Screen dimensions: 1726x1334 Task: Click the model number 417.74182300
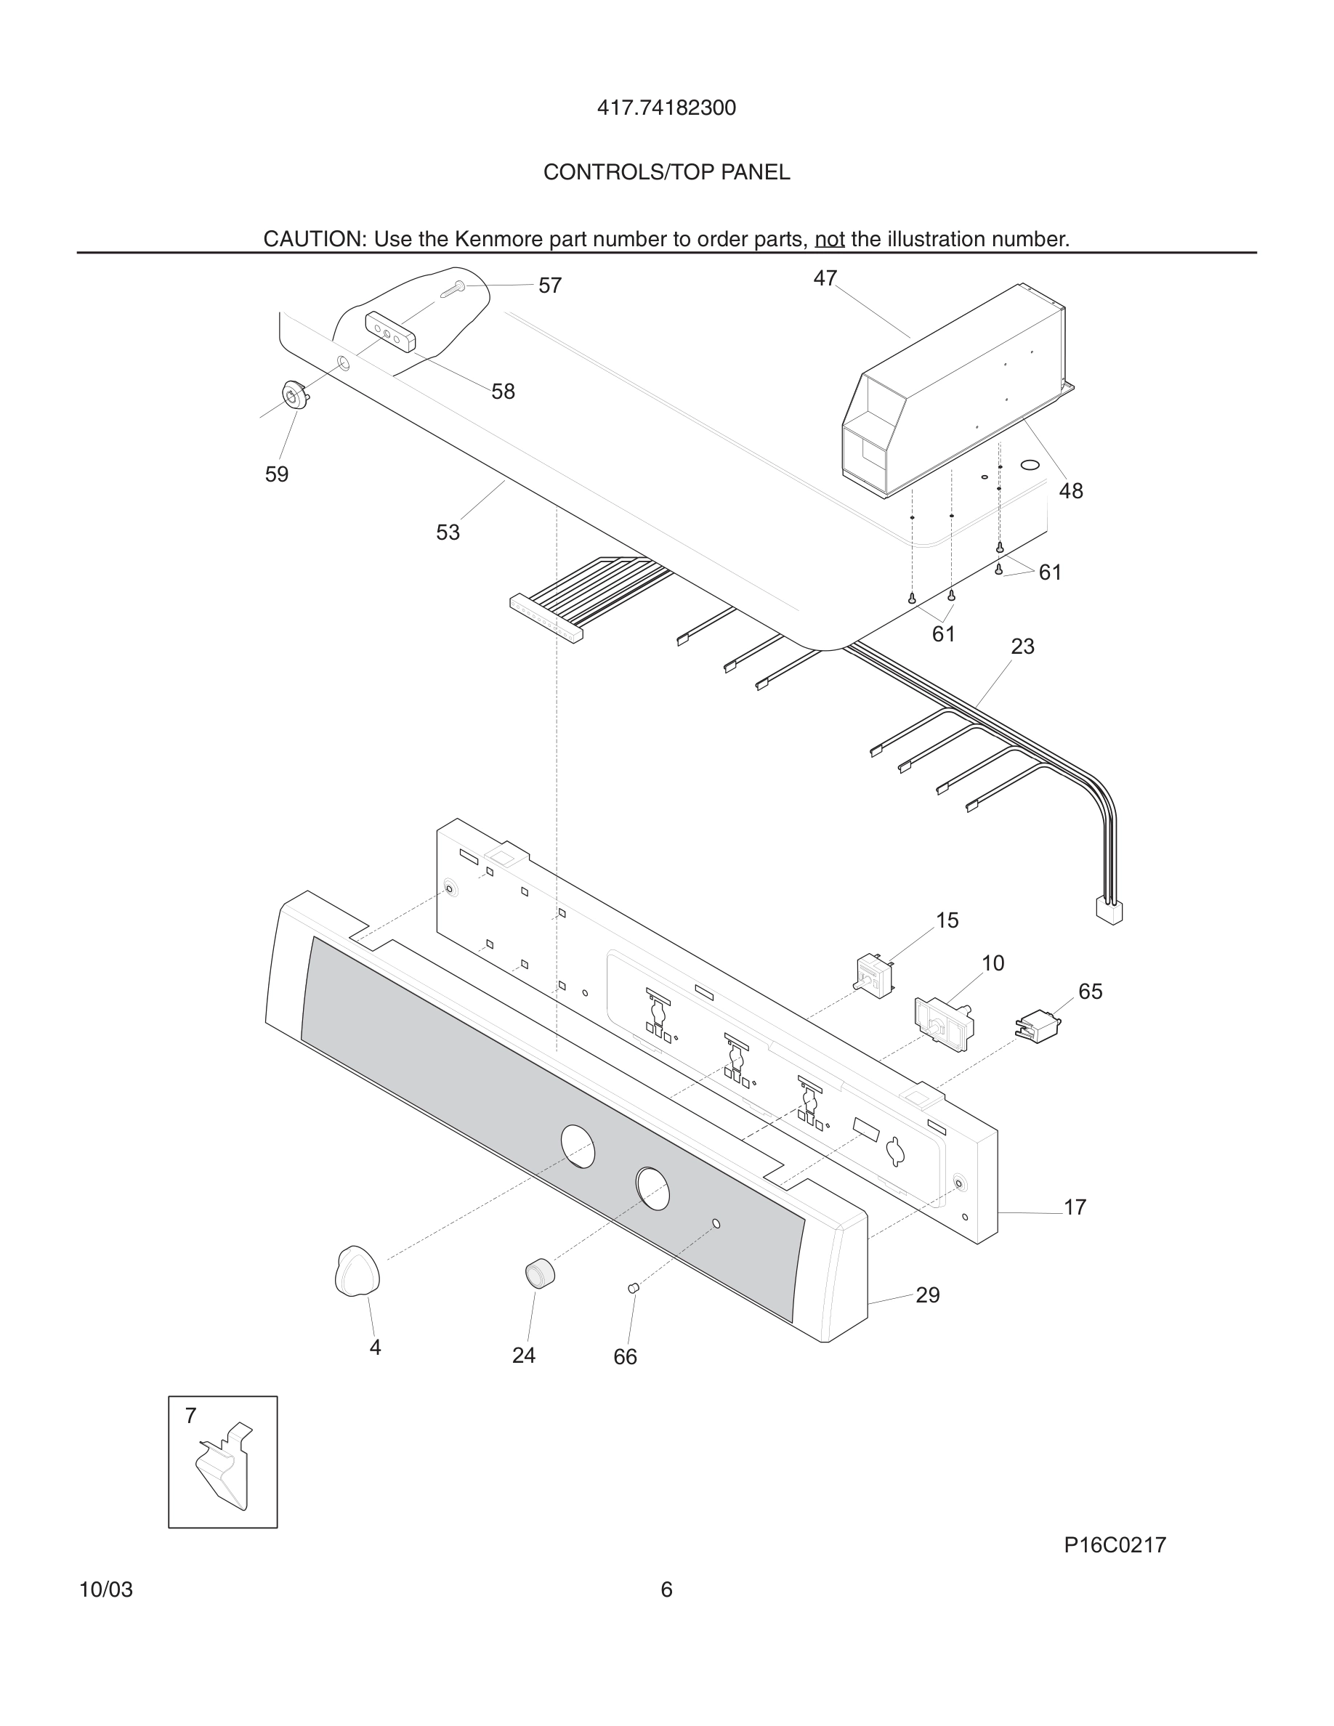pyautogui.click(x=666, y=108)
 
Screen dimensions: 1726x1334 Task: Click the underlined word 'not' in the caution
pyautogui.click(x=829, y=239)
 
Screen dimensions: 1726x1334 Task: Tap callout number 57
pyautogui.click(x=550, y=286)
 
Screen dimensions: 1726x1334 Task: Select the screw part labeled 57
pyautogui.click(x=453, y=289)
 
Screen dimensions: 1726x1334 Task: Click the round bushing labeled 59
pyautogui.click(x=295, y=394)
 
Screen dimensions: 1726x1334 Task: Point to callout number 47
pyautogui.click(x=825, y=278)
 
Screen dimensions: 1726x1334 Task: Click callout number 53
pyautogui.click(x=448, y=532)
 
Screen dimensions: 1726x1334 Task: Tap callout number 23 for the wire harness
pyautogui.click(x=1022, y=647)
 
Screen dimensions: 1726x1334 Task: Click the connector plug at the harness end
pyautogui.click(x=1109, y=911)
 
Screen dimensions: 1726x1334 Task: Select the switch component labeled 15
pyautogui.click(x=875, y=977)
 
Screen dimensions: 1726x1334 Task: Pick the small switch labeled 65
pyautogui.click(x=1037, y=1025)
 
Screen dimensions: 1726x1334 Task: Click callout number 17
pyautogui.click(x=1075, y=1207)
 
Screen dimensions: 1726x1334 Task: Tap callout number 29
pyautogui.click(x=927, y=1294)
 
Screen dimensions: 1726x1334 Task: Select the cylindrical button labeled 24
pyautogui.click(x=540, y=1274)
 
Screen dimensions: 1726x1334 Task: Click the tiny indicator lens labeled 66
pyautogui.click(x=632, y=1288)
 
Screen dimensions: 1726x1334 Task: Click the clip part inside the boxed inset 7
pyautogui.click(x=224, y=1467)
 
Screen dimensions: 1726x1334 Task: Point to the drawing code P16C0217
pyautogui.click(x=1115, y=1545)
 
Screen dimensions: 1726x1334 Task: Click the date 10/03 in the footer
pyautogui.click(x=106, y=1589)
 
